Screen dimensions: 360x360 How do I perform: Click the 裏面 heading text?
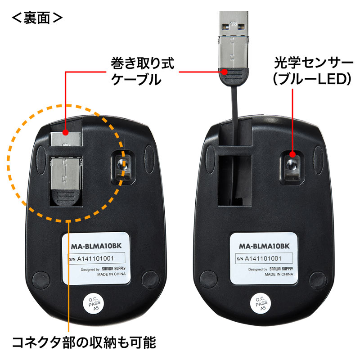37,18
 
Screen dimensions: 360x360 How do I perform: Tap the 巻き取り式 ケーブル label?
142,71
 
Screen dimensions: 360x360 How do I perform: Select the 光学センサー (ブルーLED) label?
312,71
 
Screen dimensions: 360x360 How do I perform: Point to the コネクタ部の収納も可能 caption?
84,342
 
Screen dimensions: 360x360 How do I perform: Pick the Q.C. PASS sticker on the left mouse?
94,303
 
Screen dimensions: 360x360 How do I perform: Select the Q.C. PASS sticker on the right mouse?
261,303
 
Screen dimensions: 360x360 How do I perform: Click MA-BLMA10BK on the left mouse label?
96,246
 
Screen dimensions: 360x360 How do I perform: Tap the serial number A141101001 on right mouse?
263,258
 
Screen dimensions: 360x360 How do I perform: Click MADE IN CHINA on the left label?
111,274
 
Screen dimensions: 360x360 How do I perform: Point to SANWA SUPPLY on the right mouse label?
281,269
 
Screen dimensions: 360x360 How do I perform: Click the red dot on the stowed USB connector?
65,132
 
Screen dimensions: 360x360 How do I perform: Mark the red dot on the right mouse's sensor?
292,154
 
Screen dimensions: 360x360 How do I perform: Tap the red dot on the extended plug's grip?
224,72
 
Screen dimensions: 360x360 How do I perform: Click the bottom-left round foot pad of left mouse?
41,279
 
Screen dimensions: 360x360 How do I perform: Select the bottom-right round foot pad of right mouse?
318,280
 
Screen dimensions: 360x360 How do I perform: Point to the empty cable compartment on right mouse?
235,181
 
